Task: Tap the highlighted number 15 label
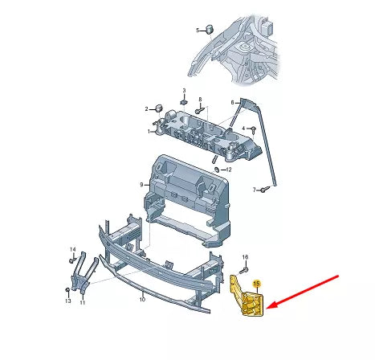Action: click(x=257, y=284)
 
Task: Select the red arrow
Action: click(x=308, y=290)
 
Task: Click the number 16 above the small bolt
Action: click(x=246, y=257)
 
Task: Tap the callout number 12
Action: click(x=229, y=170)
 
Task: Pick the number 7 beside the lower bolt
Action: click(x=254, y=190)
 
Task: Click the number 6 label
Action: click(x=233, y=102)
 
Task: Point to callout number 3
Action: click(x=183, y=91)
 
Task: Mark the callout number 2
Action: click(x=147, y=108)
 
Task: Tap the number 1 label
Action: click(x=149, y=130)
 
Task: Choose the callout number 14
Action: click(x=71, y=250)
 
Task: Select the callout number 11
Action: click(x=80, y=301)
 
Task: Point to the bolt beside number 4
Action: click(x=254, y=129)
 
